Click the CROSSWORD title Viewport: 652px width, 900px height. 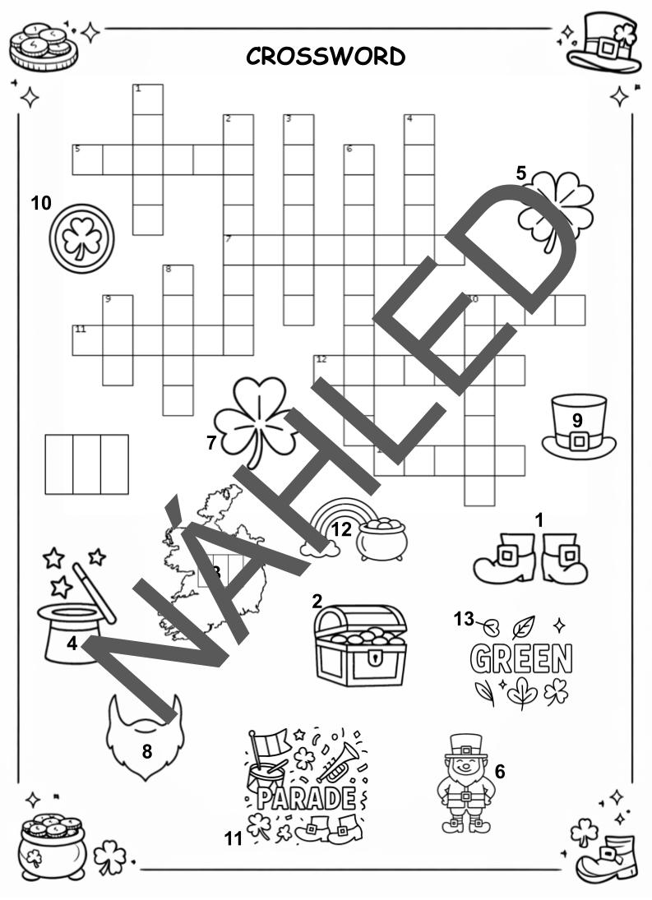pyautogui.click(x=326, y=56)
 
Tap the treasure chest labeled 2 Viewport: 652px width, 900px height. pyautogui.click(x=360, y=646)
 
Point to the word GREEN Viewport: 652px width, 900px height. pyautogui.click(x=521, y=658)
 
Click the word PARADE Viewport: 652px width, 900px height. pyautogui.click(x=307, y=798)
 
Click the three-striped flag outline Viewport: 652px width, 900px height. pyautogui.click(x=86, y=464)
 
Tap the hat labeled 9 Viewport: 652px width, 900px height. pyautogui.click(x=579, y=427)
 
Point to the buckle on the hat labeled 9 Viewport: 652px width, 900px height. pyautogui.click(x=579, y=441)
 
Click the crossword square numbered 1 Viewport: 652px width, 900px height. pyautogui.click(x=147, y=99)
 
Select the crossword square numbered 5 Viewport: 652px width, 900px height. pyautogui.click(x=87, y=159)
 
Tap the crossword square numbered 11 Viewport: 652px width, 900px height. pyautogui.click(x=87, y=340)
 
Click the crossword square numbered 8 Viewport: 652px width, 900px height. pyautogui.click(x=178, y=280)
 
